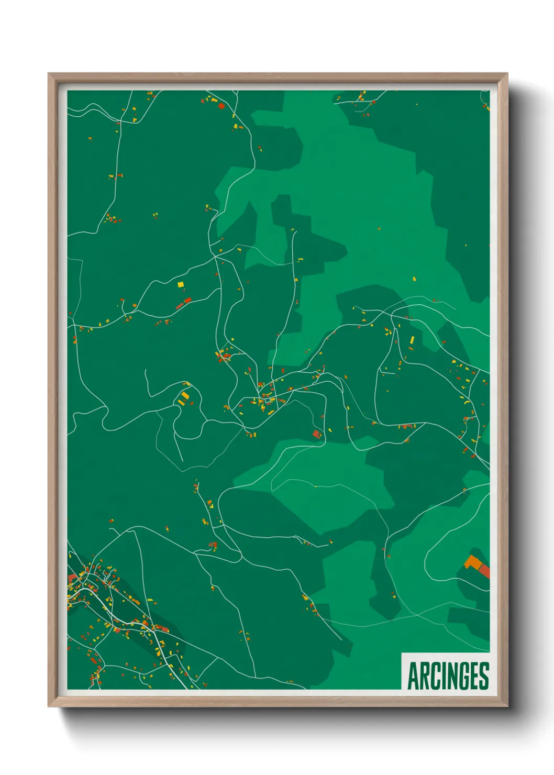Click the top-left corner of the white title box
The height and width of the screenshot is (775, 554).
402,653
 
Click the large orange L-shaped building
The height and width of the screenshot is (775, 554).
472,562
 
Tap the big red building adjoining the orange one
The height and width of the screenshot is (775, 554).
484,571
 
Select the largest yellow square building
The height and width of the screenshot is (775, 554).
181,284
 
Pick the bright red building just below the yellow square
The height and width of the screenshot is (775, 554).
187,300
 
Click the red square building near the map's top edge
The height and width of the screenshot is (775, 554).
221,106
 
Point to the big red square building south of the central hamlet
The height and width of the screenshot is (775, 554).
316,434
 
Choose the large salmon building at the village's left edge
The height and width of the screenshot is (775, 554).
72,578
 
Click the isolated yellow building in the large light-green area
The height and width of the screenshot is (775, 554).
414,279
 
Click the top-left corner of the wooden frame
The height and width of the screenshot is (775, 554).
49,74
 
